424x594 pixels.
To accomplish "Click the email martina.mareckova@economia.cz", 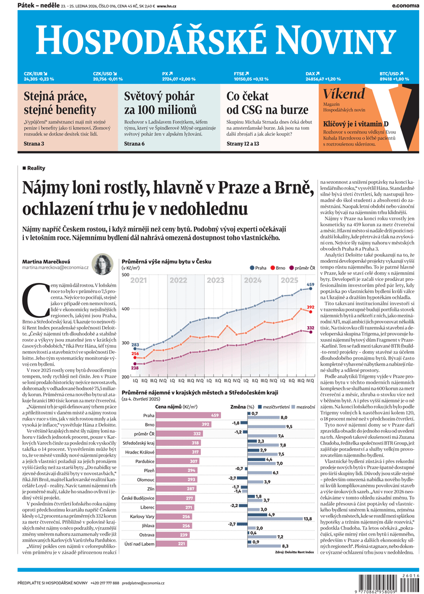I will (x=55, y=268).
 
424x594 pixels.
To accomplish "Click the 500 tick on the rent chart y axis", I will (x=126, y=274).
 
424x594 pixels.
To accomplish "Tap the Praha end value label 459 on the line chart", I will (x=311, y=285).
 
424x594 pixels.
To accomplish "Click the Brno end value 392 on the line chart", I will (x=311, y=307).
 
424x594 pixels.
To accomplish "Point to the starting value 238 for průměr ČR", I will (x=135, y=368).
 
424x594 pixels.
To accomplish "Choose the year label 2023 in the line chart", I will (x=215, y=280).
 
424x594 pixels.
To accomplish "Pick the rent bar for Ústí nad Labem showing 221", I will (x=165, y=544).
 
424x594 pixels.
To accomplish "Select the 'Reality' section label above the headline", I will (x=36, y=168).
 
